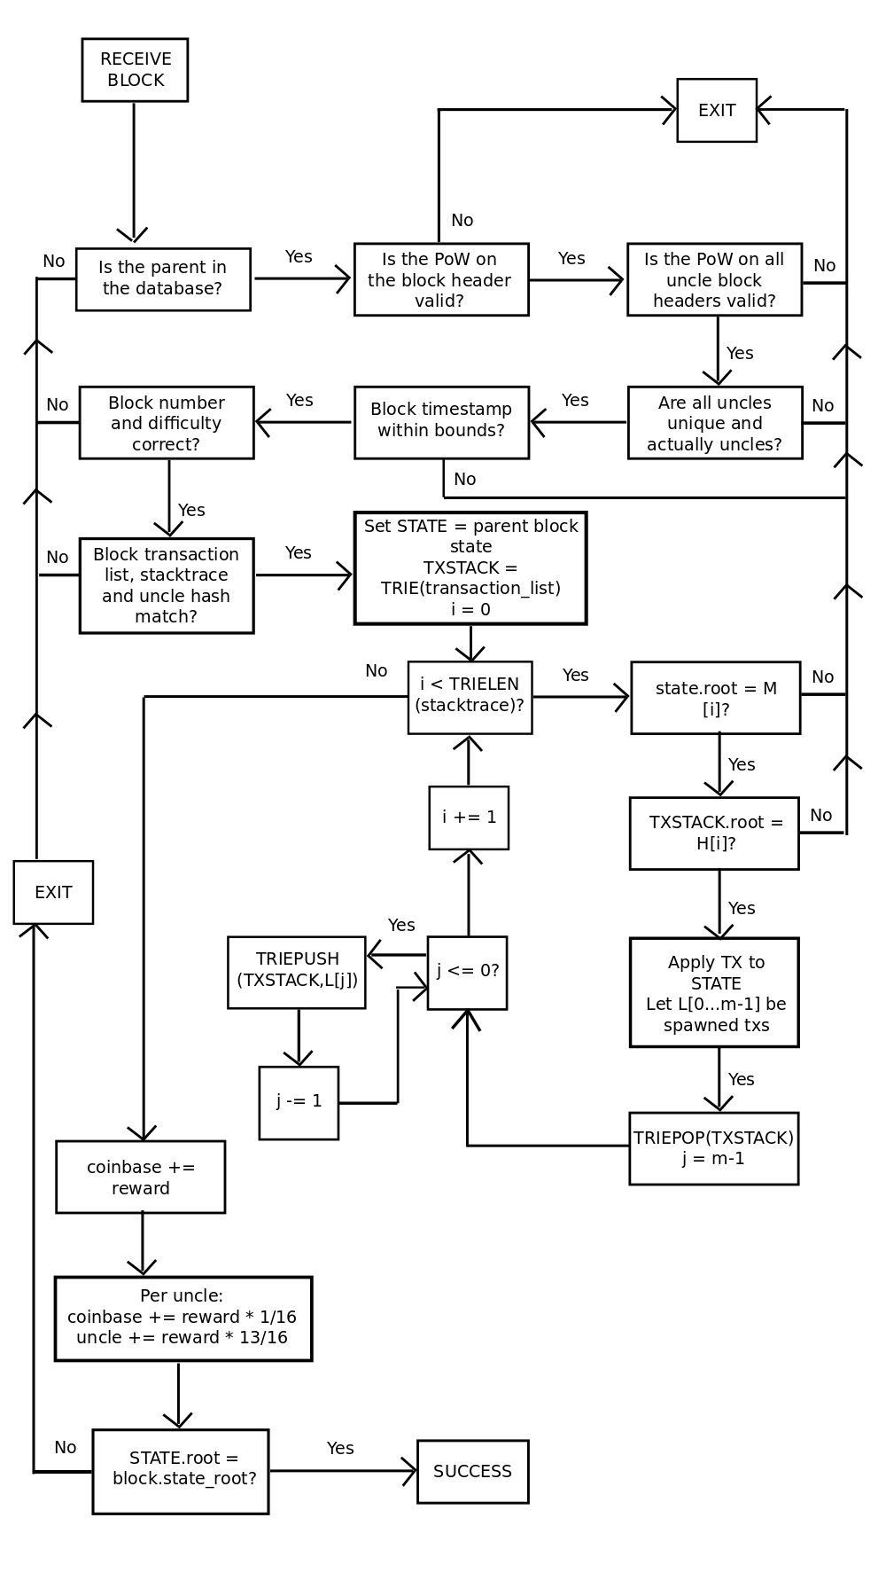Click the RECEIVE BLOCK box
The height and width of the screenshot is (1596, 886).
pyautogui.click(x=135, y=70)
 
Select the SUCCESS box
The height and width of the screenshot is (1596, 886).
pyautogui.click(x=472, y=1472)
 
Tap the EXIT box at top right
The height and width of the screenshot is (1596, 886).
pyautogui.click(x=717, y=110)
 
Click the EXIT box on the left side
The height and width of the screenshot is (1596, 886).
pyautogui.click(x=53, y=892)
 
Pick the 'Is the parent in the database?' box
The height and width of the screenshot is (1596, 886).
pyautogui.click(x=163, y=279)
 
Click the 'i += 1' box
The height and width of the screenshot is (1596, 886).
pyautogui.click(x=469, y=818)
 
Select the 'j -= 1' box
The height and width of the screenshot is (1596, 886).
pyautogui.click(x=299, y=1102)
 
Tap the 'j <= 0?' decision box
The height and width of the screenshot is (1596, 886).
pyautogui.click(x=467, y=973)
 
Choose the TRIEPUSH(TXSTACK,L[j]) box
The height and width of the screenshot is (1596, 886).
pyautogui.click(x=296, y=972)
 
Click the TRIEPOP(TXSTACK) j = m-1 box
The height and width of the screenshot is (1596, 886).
pyautogui.click(x=713, y=1148)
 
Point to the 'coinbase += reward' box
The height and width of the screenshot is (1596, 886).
pyautogui.click(x=140, y=1177)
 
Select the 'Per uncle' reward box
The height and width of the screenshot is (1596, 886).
pyautogui.click(x=183, y=1318)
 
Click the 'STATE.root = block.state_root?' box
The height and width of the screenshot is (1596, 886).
pyautogui.click(x=181, y=1471)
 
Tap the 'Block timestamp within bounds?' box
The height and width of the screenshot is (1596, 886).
pyautogui.click(x=441, y=422)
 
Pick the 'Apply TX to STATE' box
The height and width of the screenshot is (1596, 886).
pyautogui.click(x=714, y=992)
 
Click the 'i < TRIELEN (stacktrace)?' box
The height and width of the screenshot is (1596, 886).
pyautogui.click(x=470, y=697)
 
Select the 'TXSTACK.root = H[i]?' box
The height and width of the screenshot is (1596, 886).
pyautogui.click(x=714, y=833)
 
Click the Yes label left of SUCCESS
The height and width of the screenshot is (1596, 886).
pyautogui.click(x=340, y=1448)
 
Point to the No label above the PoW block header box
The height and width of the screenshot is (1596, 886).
pyautogui.click(x=462, y=220)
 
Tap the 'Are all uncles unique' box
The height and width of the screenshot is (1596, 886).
pyautogui.click(x=715, y=422)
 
